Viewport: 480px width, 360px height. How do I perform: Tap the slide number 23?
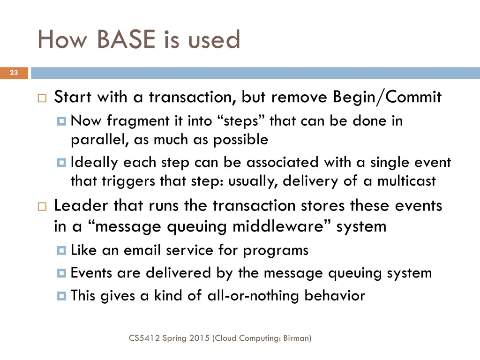(x=14, y=73)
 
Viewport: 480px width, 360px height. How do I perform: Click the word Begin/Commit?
(x=387, y=97)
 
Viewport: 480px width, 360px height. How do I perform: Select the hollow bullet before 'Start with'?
(x=42, y=98)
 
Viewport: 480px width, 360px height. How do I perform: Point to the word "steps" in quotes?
(x=242, y=121)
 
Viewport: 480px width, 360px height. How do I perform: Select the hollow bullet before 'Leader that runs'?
(x=42, y=207)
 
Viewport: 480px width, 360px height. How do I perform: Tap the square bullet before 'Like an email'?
(x=61, y=251)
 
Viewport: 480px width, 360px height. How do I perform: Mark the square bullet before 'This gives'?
(x=61, y=296)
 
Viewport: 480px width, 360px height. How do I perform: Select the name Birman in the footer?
(x=296, y=337)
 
